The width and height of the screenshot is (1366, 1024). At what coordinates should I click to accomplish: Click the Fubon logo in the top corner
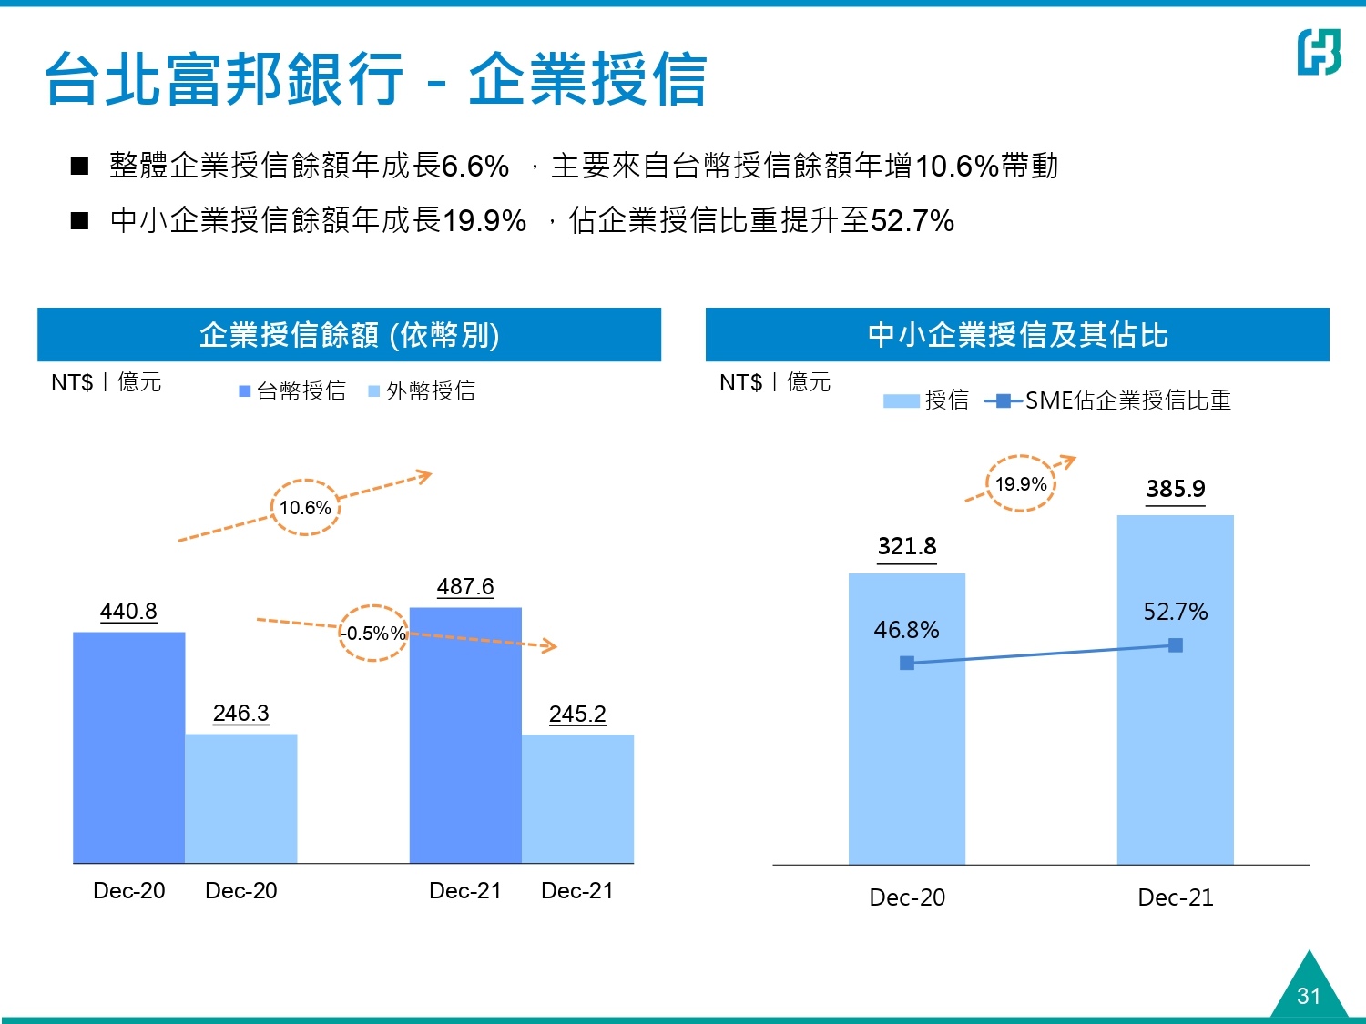[1319, 52]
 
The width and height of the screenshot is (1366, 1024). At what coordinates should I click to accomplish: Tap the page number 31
[1309, 996]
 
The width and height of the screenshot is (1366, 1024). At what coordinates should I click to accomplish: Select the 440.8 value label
[128, 611]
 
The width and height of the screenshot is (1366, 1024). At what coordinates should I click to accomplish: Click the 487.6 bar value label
[465, 586]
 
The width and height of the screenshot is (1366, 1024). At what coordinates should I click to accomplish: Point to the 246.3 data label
[241, 713]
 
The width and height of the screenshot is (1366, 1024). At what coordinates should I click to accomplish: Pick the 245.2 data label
[577, 714]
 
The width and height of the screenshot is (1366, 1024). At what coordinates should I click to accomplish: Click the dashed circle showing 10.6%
[305, 507]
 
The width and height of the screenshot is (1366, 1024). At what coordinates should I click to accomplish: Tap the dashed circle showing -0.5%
[373, 633]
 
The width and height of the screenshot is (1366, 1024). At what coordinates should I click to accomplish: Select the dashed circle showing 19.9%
[1020, 483]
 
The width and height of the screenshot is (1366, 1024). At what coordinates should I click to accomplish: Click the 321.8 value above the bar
[907, 546]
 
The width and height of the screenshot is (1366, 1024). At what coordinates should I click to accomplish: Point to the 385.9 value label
[1176, 489]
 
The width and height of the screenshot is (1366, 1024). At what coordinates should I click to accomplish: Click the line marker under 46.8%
[907, 663]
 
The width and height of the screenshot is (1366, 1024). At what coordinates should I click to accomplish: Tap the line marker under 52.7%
[1176, 645]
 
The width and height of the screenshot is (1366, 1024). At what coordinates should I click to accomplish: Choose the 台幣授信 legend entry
[292, 391]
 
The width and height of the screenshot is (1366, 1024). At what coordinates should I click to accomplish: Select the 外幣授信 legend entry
[422, 391]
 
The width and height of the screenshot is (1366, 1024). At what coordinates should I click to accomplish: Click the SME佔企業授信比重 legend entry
[1109, 400]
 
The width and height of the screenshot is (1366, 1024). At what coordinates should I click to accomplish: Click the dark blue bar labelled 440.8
[129, 746]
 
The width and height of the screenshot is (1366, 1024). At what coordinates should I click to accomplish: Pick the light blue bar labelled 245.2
[577, 798]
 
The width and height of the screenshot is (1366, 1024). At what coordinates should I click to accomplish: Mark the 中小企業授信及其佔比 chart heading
[1017, 335]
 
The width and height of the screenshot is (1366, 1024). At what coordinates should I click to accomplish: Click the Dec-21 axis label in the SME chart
[1176, 897]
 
